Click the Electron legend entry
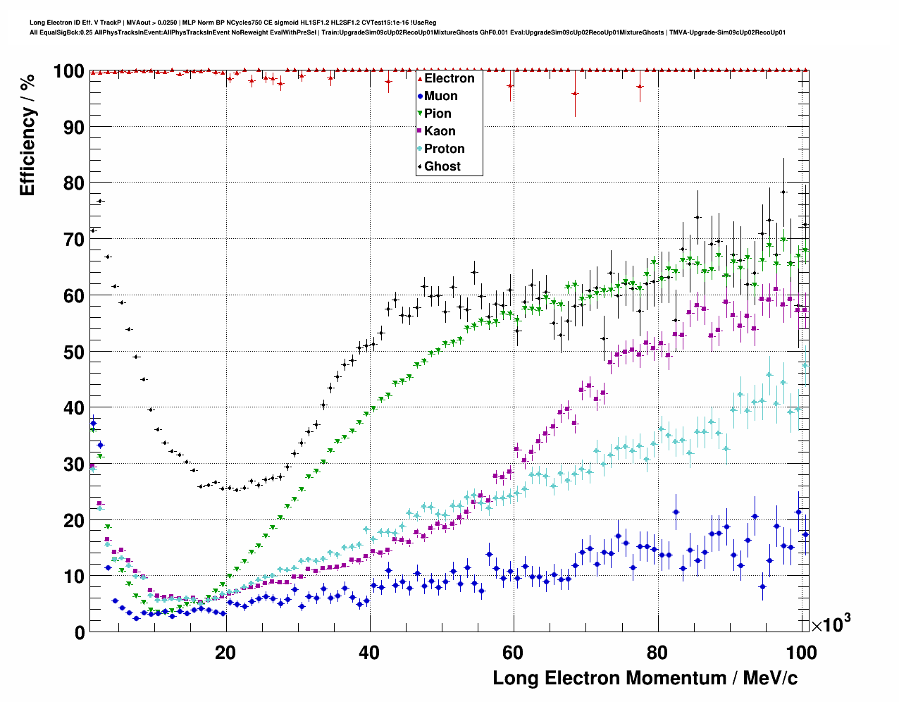point(449,78)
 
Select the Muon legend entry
point(440,96)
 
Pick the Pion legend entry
point(438,113)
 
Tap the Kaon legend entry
point(440,131)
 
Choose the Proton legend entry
point(444,149)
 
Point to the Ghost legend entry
point(442,166)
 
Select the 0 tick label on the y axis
point(80,632)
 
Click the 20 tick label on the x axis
point(225,652)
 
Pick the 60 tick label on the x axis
point(513,652)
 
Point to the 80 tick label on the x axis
point(657,652)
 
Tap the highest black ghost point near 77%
point(100,201)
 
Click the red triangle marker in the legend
point(420,78)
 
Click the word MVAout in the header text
point(137,23)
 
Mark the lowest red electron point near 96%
point(575,93)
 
